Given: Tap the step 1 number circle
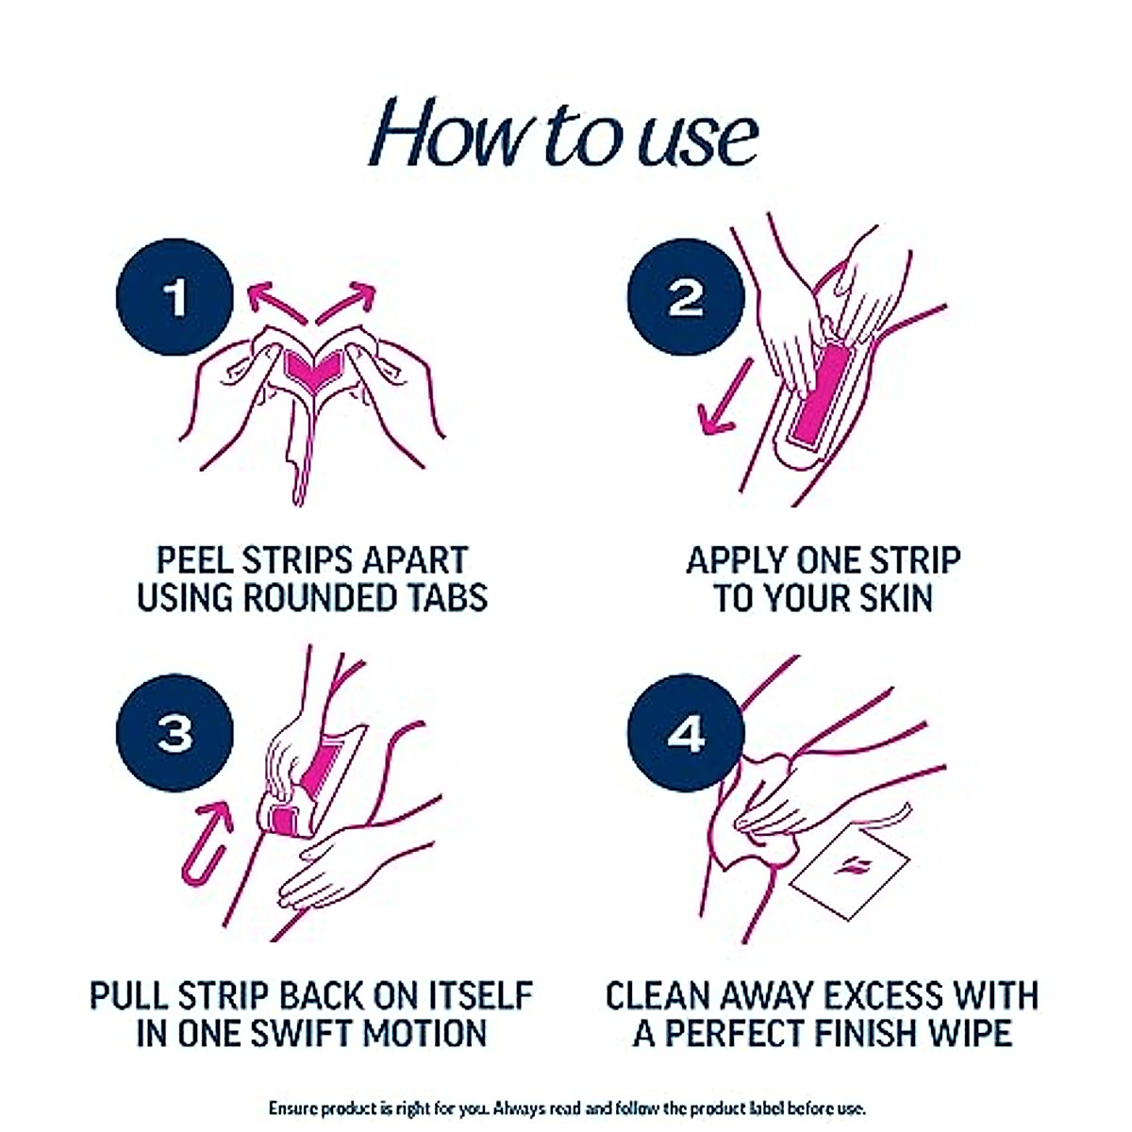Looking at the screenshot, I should (x=175, y=297).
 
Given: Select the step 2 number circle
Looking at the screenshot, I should (x=686, y=297).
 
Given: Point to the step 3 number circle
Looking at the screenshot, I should (x=175, y=732).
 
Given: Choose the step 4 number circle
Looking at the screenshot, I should (x=686, y=732).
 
